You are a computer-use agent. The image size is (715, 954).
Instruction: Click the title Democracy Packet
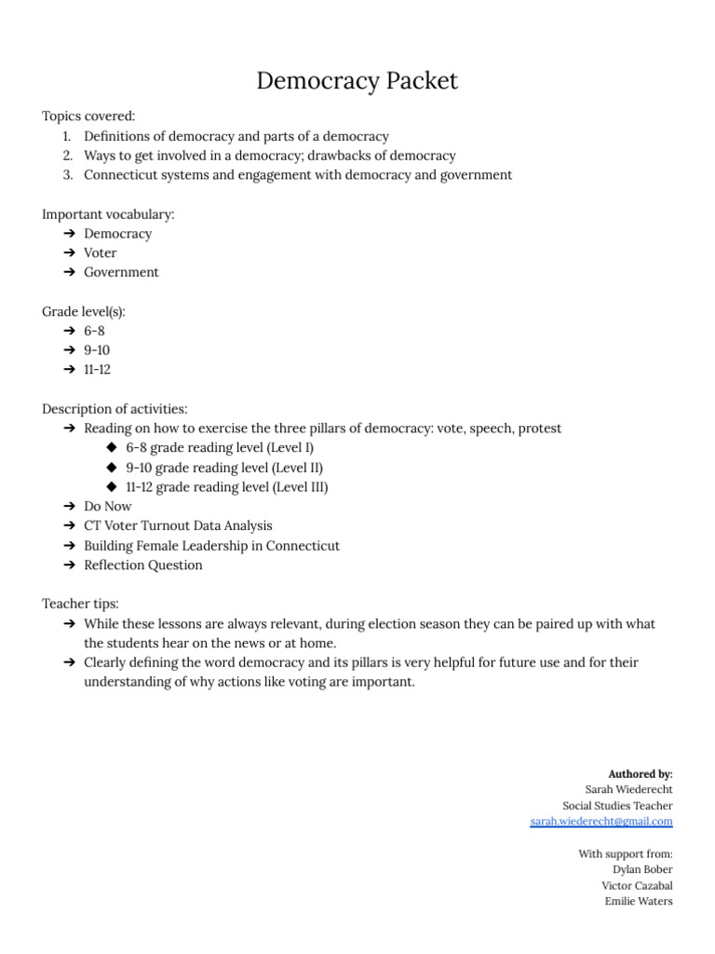pos(357,81)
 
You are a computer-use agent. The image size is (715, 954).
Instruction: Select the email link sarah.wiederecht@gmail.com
pos(600,821)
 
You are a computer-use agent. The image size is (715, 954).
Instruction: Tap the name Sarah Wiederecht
pos(628,789)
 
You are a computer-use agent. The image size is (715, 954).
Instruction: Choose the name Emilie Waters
pos(639,901)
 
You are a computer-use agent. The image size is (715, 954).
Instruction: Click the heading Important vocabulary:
pos(108,214)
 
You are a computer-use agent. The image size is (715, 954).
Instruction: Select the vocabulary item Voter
pos(101,252)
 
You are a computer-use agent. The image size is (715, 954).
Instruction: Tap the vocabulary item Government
pos(121,272)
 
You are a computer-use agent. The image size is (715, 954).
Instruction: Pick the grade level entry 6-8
pos(94,331)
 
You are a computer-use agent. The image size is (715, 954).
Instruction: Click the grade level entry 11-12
pos(97,369)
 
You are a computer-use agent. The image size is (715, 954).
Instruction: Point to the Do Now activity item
pos(108,506)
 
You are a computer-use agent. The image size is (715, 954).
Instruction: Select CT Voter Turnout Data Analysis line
pos(178,525)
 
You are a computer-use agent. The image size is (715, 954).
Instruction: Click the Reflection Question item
pos(142,565)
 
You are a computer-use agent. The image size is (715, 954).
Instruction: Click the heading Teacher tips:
pos(80,604)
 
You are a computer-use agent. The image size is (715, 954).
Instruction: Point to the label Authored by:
pos(640,773)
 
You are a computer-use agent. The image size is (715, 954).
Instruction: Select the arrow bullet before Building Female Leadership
pos(70,545)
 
